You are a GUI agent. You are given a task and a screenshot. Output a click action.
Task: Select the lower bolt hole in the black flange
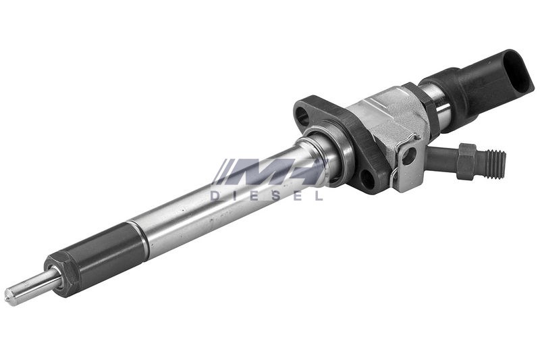tap(367, 177)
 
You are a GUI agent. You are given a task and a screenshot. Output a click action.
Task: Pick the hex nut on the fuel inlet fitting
tap(467, 162)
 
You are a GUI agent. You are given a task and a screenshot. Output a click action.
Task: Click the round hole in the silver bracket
tap(409, 157)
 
